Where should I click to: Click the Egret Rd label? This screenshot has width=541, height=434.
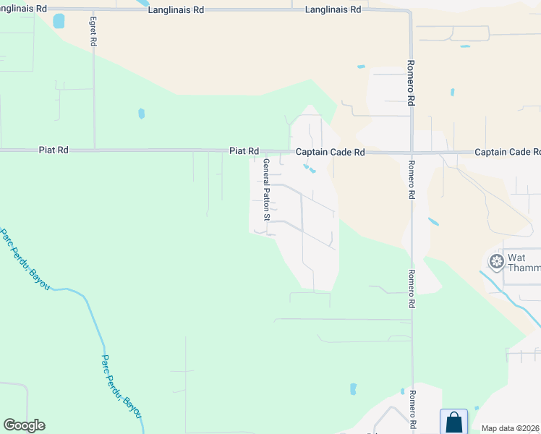(93, 30)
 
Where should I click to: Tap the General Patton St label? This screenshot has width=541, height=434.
(266, 190)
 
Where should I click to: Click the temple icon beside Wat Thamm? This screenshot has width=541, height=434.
(497, 261)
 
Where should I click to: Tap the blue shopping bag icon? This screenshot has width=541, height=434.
(453, 421)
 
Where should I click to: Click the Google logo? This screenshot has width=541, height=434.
(24, 425)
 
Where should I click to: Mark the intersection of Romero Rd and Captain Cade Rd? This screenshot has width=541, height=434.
(412, 153)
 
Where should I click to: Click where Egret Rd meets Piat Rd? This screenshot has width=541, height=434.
(94, 150)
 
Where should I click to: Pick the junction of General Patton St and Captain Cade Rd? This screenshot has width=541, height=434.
(260, 152)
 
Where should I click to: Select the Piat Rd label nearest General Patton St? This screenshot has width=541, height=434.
(244, 151)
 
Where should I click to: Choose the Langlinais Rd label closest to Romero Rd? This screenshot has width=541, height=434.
(333, 9)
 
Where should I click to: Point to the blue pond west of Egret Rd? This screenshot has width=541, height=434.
(59, 20)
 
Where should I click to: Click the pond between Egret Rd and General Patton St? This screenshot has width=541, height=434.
(142, 114)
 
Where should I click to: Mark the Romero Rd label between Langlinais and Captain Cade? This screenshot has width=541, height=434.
(410, 83)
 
